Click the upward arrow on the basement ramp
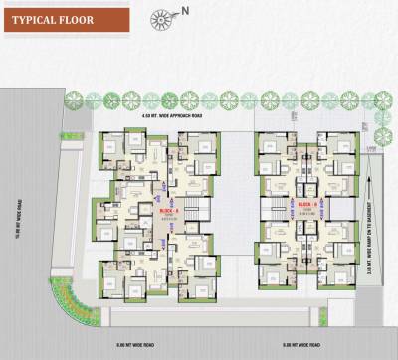(370, 199)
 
